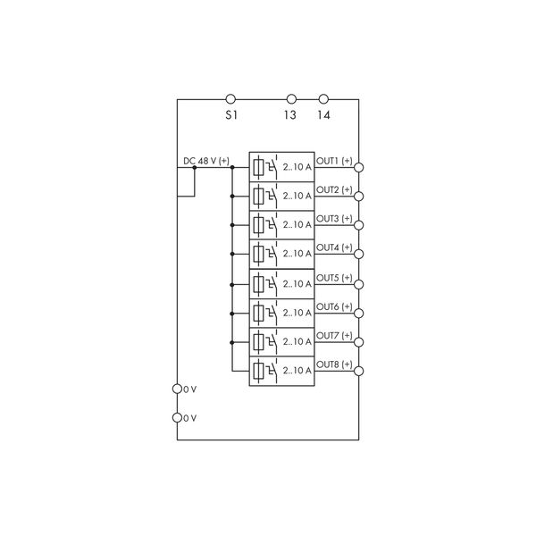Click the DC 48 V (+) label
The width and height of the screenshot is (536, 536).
[206, 161]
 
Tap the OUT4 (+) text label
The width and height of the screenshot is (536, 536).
[334, 247]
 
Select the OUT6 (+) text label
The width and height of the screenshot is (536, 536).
[334, 306]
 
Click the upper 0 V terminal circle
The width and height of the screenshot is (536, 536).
[177, 389]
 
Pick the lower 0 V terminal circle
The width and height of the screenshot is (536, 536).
[177, 418]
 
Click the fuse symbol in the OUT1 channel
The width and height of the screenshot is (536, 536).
[259, 168]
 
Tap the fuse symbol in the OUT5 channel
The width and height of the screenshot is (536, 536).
[259, 284]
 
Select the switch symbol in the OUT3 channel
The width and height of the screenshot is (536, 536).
[272, 224]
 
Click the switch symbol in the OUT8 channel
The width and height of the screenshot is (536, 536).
[272, 371]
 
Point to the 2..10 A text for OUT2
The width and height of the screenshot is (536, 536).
[297, 196]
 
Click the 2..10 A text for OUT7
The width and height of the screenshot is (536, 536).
[297, 341]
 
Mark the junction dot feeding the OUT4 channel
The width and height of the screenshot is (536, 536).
[232, 254]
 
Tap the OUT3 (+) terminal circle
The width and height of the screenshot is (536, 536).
[358, 225]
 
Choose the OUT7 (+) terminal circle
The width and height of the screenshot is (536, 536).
[358, 342]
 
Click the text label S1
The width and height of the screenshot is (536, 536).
[231, 115]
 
